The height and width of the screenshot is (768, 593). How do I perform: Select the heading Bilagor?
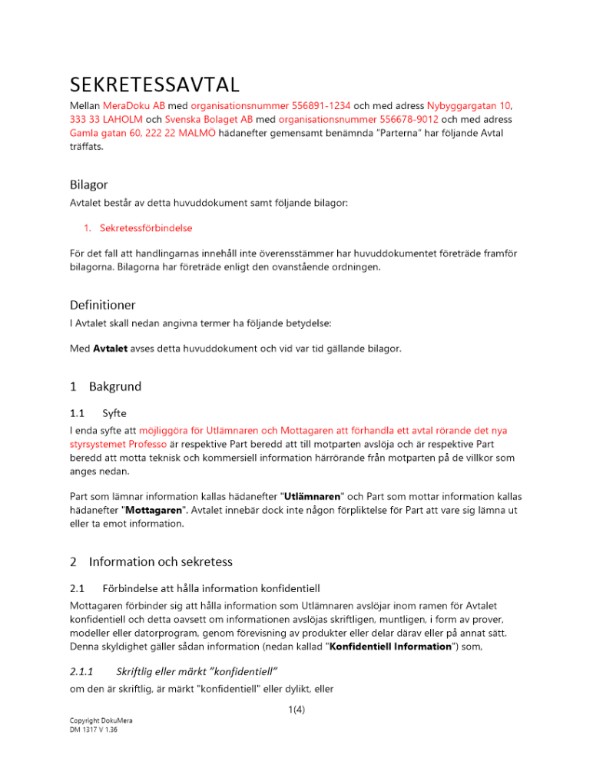coord(88,184)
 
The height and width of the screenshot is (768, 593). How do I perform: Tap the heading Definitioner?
coord(102,305)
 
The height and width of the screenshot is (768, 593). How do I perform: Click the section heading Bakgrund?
coord(114,386)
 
